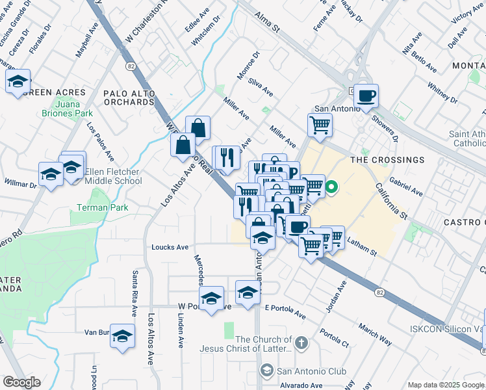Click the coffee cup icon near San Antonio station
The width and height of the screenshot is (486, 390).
tap(366, 96)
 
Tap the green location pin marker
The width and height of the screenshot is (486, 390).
tap(331, 188)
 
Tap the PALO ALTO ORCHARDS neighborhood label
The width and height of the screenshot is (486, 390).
tap(129, 97)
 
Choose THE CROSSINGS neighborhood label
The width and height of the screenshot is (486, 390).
tap(387, 159)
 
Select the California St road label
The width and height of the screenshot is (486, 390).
tap(390, 201)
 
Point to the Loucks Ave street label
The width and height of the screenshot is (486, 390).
tap(170, 247)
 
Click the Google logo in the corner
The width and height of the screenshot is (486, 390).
tap(22, 382)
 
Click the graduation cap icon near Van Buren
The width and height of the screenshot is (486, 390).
tap(122, 336)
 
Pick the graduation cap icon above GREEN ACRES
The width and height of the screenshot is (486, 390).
tap(18, 81)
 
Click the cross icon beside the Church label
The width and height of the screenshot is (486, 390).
tap(300, 343)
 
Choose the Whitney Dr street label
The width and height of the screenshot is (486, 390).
tap(442, 93)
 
